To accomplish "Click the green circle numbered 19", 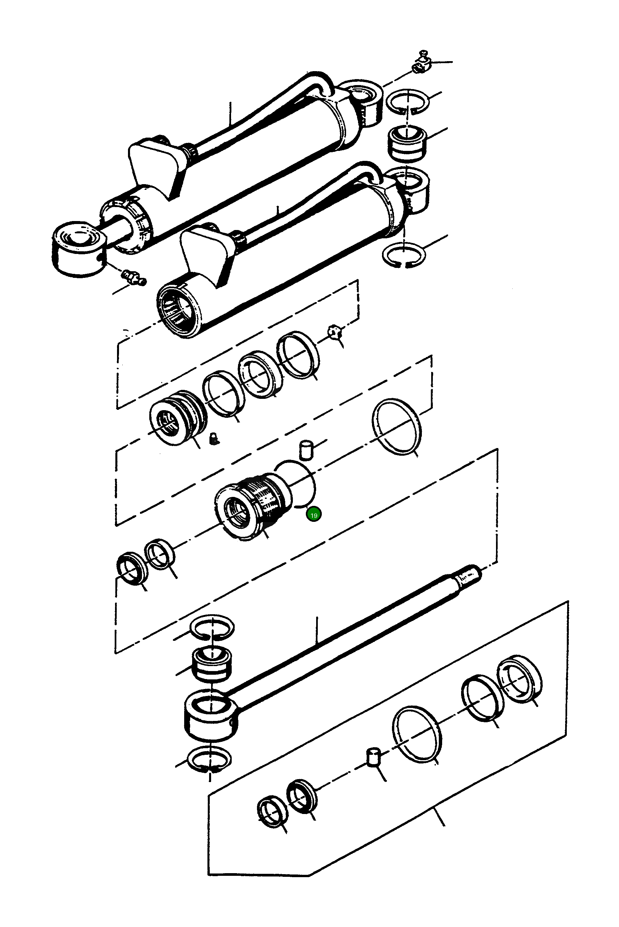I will (314, 515).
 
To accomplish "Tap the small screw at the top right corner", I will (422, 64).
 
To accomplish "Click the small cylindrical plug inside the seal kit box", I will (373, 756).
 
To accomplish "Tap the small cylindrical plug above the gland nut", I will (306, 451).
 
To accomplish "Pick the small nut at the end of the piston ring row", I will (334, 333).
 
